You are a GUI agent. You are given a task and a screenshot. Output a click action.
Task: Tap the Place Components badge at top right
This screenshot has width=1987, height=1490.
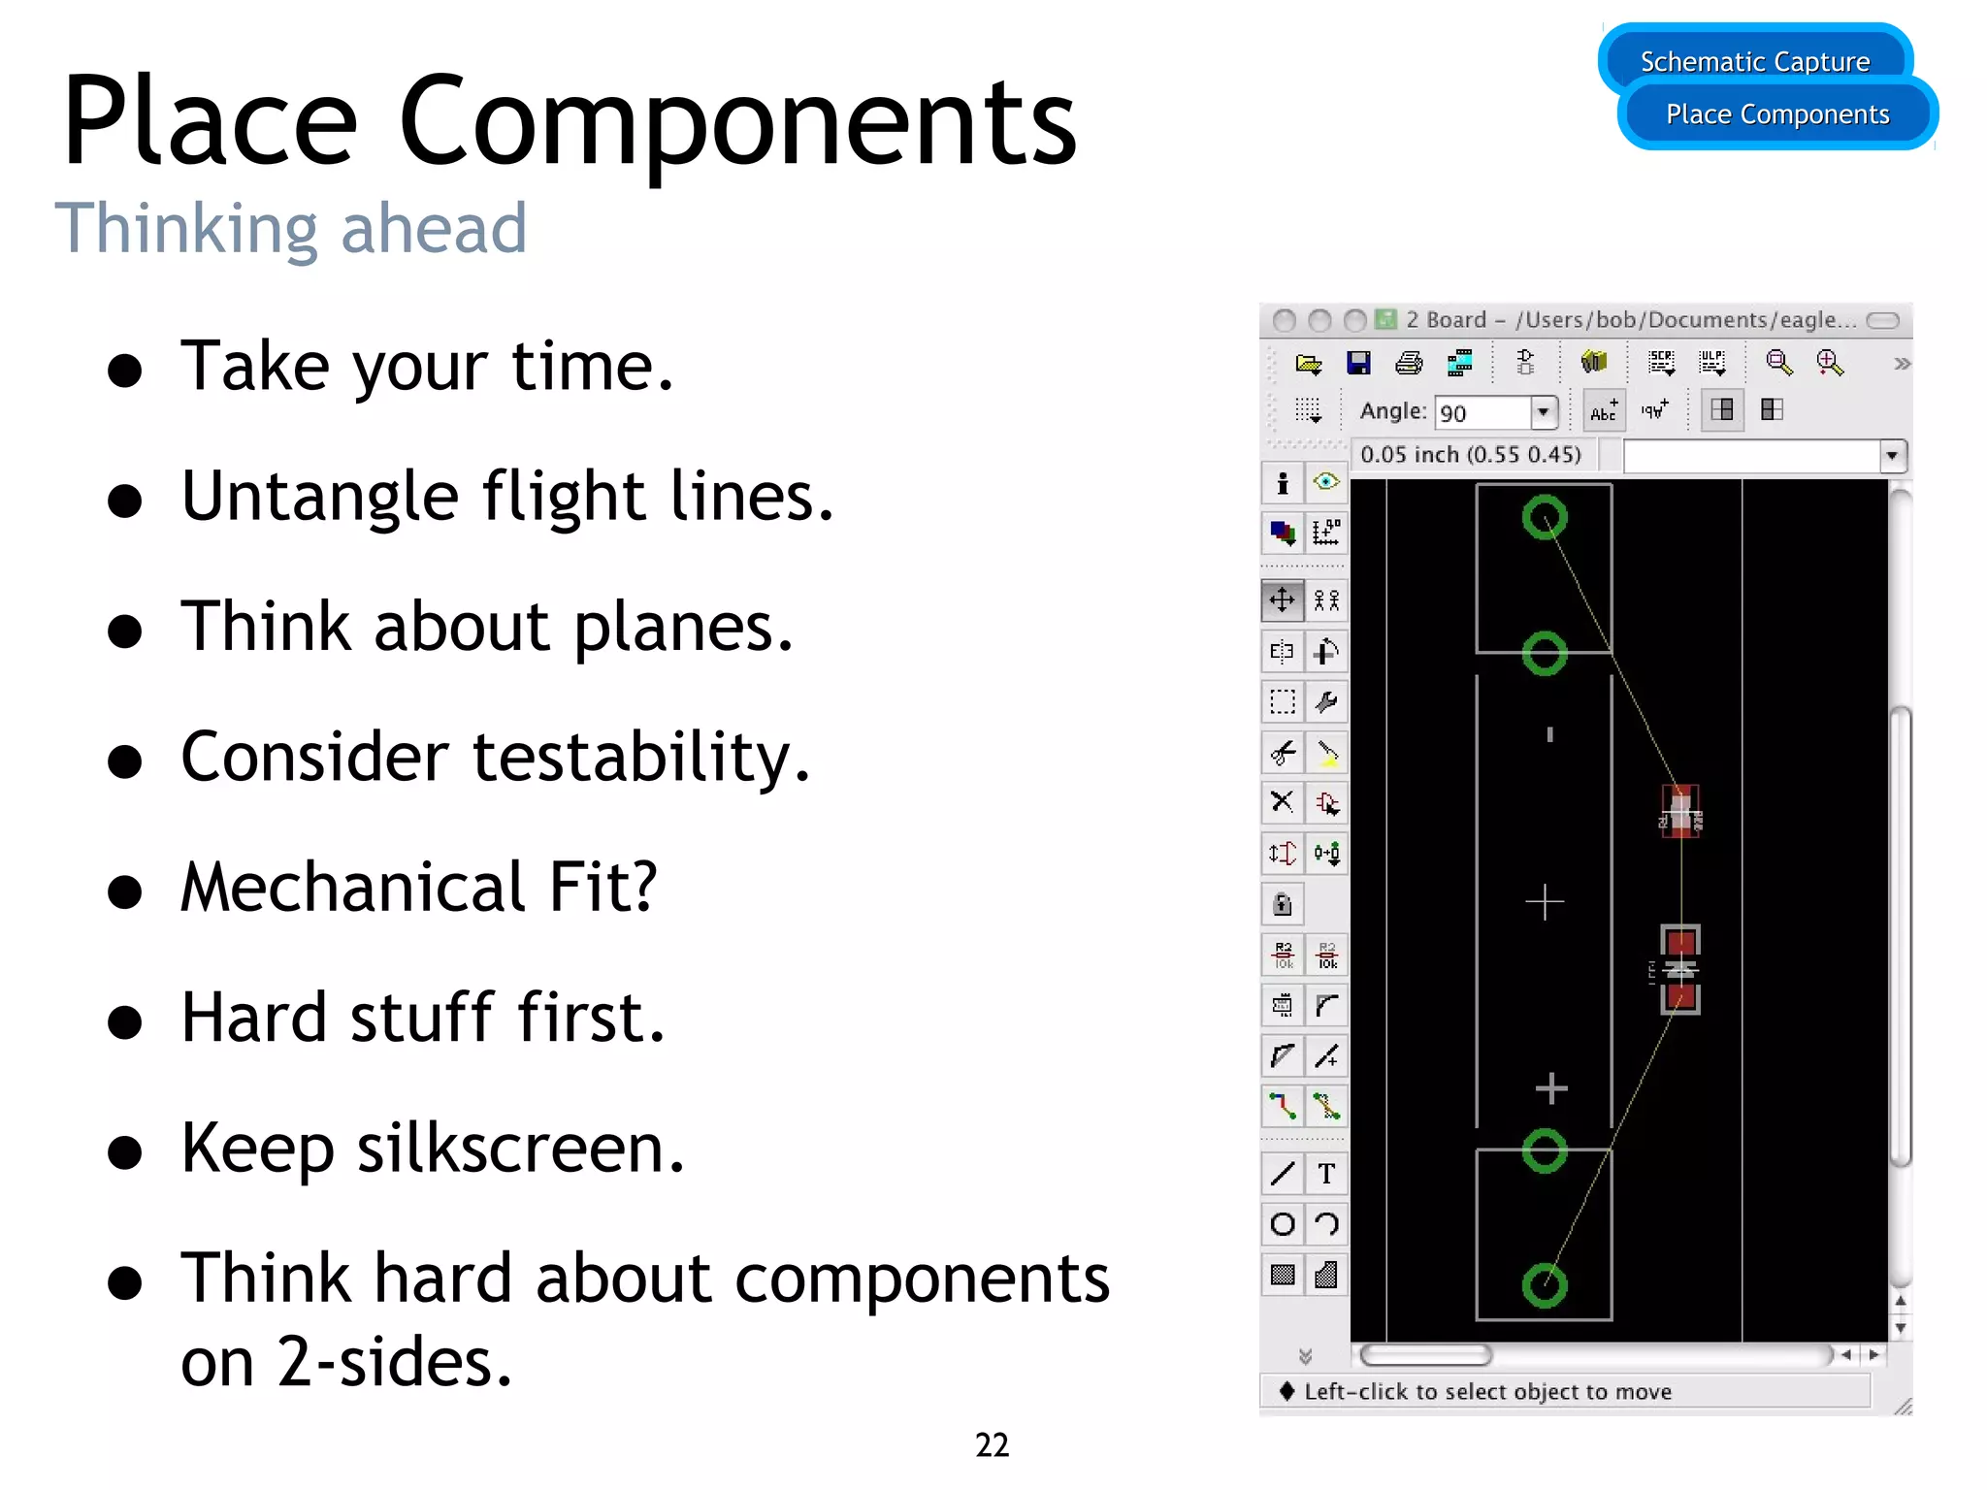[x=1777, y=114]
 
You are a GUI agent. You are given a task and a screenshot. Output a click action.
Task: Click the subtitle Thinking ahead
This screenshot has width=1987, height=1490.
[x=291, y=229]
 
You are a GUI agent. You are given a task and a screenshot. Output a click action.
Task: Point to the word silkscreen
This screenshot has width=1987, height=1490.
[x=520, y=1149]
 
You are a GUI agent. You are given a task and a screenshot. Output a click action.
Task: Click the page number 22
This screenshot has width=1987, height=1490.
[x=992, y=1444]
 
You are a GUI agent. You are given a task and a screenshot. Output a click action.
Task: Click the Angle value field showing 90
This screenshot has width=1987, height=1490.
[x=1482, y=413]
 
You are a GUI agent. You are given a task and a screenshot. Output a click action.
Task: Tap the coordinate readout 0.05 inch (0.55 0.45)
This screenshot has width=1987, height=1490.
[x=1470, y=455]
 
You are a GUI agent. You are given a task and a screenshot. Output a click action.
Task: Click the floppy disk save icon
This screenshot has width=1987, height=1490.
[x=1358, y=364]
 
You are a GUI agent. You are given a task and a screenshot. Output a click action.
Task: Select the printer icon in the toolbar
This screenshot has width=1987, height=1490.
[x=1408, y=364]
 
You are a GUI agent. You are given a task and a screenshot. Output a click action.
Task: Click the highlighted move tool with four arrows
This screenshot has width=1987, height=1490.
[x=1282, y=600]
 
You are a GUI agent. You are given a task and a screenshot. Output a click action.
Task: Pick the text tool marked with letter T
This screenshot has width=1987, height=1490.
[x=1326, y=1175]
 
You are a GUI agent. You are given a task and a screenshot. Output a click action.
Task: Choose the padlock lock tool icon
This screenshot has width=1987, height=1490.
[x=1282, y=905]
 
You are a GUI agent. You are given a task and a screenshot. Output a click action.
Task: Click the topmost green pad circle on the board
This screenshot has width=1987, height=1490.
[x=1545, y=517]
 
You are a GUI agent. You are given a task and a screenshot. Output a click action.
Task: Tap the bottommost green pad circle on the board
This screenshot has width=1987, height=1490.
[x=1545, y=1286]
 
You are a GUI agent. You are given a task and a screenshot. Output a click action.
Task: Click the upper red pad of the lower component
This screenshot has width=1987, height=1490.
[x=1680, y=942]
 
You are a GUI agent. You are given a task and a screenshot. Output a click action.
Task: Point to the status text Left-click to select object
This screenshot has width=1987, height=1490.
[x=1486, y=1392]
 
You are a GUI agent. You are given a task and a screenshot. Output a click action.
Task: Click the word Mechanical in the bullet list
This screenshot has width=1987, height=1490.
[x=353, y=887]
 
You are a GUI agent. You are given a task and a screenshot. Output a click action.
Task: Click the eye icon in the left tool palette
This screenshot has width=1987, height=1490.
[x=1325, y=482]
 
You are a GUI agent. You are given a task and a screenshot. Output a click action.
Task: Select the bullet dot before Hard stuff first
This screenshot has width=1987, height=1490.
[x=125, y=1022]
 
